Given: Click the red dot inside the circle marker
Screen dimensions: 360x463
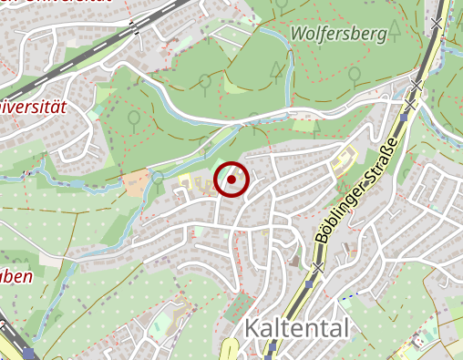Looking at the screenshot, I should (232, 180).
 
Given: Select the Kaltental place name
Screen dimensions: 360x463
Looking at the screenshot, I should (296, 329).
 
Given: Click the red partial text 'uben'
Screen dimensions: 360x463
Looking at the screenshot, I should (16, 276).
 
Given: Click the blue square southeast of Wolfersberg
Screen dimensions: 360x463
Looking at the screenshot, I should (408, 104).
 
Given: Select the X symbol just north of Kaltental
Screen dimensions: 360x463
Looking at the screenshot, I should (317, 269).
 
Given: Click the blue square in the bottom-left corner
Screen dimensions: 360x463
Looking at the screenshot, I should (30, 353).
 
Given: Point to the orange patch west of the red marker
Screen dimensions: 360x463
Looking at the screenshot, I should (137, 182).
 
